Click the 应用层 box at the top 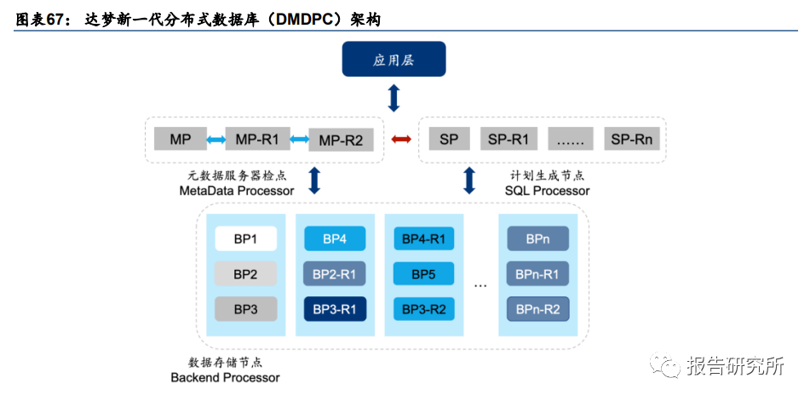tap(394, 59)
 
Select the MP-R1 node tap(256, 139)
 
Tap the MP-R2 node tap(341, 140)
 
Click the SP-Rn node tap(631, 139)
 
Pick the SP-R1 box tap(508, 139)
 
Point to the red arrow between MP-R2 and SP tap(401, 139)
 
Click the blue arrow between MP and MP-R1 tap(216, 140)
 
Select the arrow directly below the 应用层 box tap(394, 98)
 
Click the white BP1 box tap(245, 239)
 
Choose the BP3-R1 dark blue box tap(335, 309)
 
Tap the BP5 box tap(424, 274)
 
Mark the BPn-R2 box tap(537, 309)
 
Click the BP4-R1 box tap(424, 239)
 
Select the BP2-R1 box tap(335, 274)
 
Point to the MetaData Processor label tap(237, 191)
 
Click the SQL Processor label tap(547, 191)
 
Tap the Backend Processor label tap(225, 377)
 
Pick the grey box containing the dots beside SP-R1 tap(570, 139)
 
